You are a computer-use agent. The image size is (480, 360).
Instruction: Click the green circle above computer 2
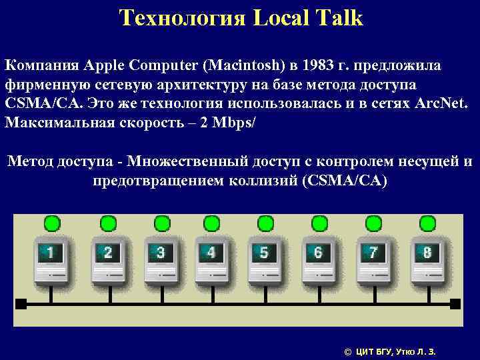point(107,223)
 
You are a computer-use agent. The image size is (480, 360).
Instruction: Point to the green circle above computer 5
point(265,223)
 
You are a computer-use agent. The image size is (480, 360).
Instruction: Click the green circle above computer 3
point(162,223)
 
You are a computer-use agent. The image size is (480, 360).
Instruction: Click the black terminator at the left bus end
point(20,304)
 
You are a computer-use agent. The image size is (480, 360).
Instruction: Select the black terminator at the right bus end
point(455,304)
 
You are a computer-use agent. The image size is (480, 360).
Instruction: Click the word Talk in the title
point(337,18)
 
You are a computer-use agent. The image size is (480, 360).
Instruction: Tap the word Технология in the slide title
point(176,18)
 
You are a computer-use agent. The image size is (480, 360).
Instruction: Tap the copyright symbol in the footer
point(347,351)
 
